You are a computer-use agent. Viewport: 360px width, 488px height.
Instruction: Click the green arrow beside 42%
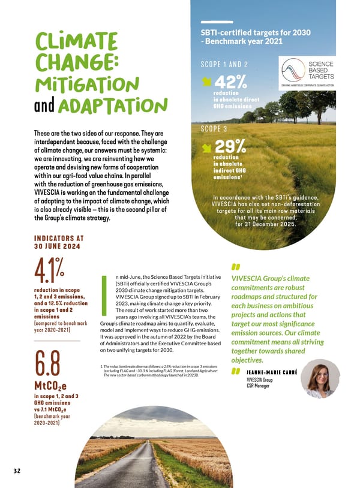coord(208,82)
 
